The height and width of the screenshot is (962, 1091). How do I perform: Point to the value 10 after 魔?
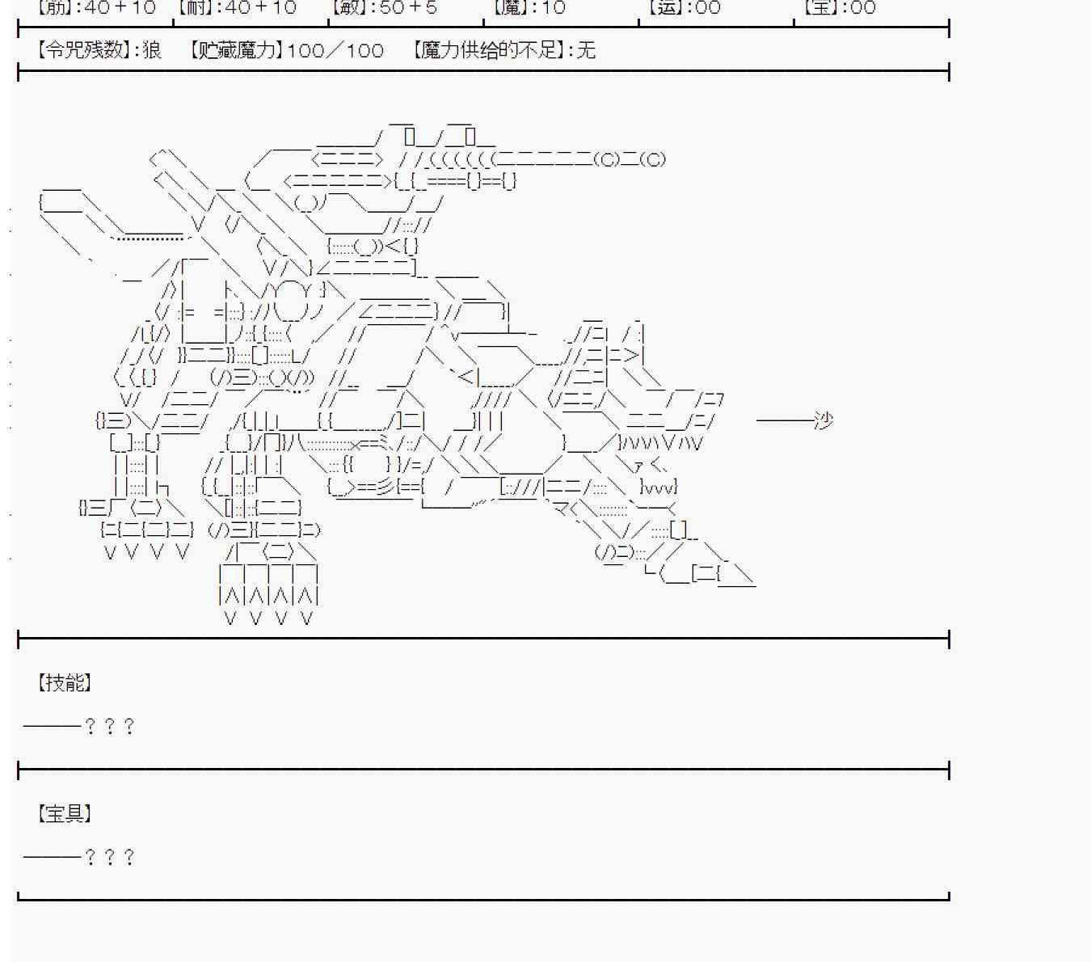click(x=553, y=8)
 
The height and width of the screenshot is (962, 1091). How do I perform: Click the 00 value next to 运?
click(x=707, y=8)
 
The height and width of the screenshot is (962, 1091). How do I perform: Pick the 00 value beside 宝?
click(x=862, y=8)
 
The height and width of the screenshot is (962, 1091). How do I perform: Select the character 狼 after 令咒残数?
click(x=152, y=50)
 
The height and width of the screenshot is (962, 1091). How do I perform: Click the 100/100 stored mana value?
click(x=335, y=50)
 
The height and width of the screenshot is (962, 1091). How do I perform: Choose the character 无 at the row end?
click(x=586, y=50)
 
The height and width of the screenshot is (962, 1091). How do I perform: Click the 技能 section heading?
click(x=64, y=682)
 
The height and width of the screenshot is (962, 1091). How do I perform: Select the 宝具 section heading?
click(x=64, y=813)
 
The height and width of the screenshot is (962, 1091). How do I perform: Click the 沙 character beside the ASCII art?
click(x=823, y=420)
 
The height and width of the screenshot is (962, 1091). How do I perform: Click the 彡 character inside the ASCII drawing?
click(x=385, y=487)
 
